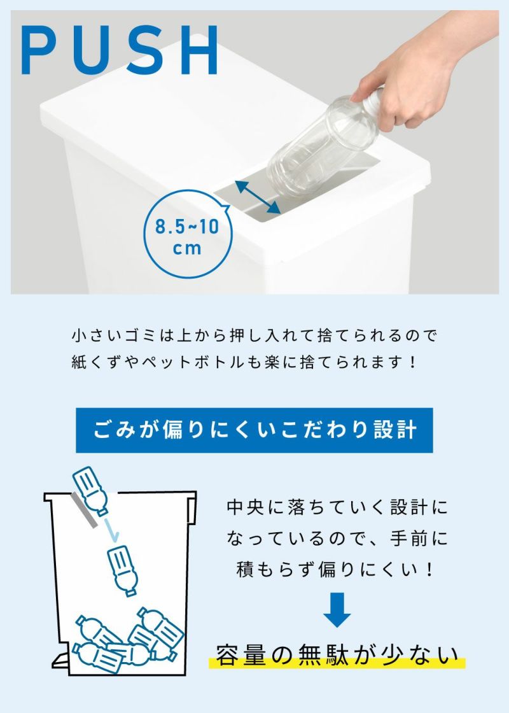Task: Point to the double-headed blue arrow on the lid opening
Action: point(258,197)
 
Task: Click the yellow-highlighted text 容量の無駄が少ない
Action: point(337,655)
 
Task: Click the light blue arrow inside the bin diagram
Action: point(111,530)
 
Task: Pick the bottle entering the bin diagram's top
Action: point(90,491)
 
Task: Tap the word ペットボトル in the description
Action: point(194,362)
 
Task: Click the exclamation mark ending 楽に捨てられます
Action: point(412,362)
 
